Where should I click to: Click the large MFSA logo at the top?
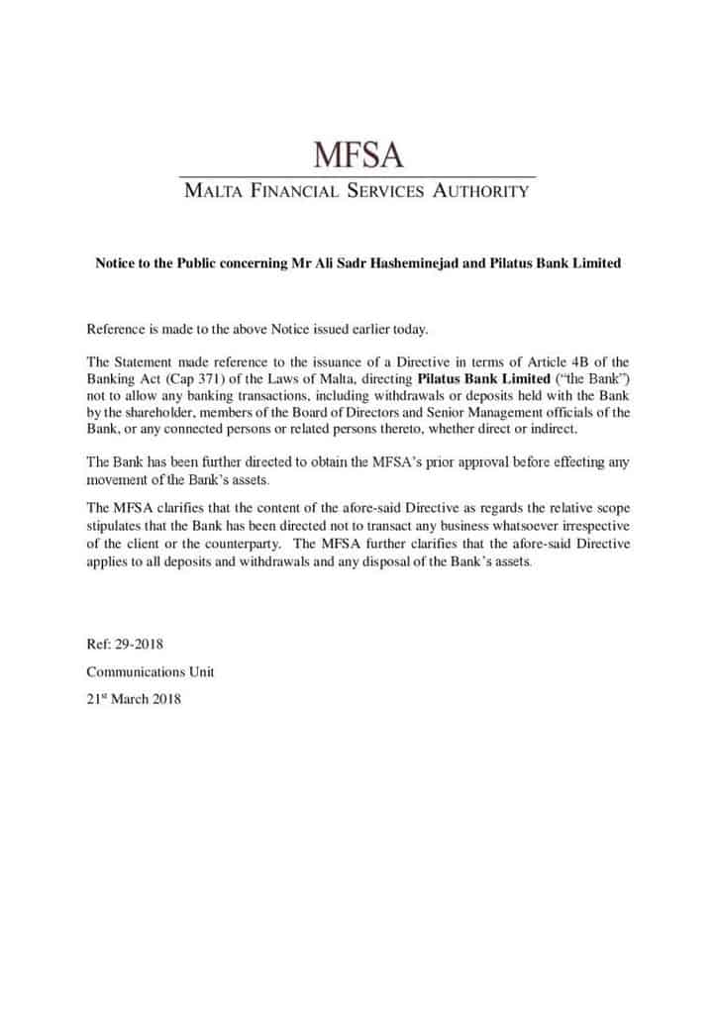(x=358, y=154)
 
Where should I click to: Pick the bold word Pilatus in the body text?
(x=442, y=379)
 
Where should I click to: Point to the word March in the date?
(x=130, y=698)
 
